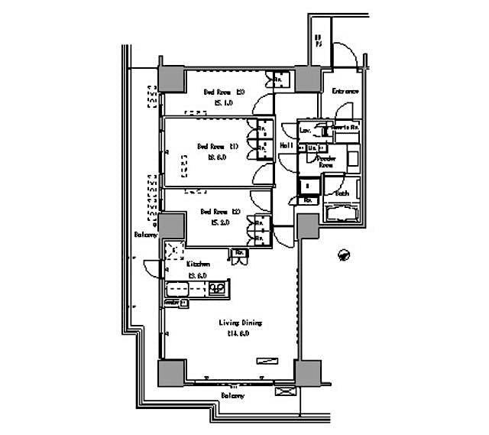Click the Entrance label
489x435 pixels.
(345, 92)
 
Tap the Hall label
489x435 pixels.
(287, 144)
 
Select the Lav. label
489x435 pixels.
(305, 131)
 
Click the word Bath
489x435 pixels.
(342, 193)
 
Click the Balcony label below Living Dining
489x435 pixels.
(232, 396)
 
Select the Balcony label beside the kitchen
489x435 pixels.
(146, 235)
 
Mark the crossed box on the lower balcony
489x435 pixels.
(283, 392)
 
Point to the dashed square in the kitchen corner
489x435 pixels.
(176, 250)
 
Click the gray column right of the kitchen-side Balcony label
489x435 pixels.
(172, 228)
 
